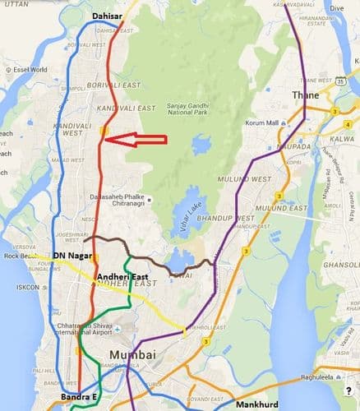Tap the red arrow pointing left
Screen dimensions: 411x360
pyautogui.click(x=138, y=139)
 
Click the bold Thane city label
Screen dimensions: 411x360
pyautogui.click(x=305, y=96)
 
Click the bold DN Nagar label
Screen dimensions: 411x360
pyautogui.click(x=70, y=256)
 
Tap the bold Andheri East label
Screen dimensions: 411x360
pyautogui.click(x=122, y=277)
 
